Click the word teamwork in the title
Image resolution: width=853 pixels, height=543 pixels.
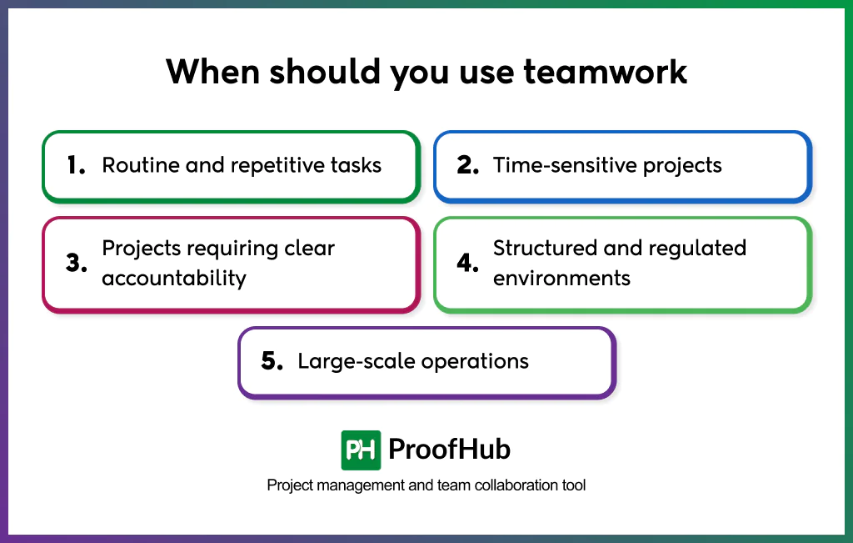click(605, 73)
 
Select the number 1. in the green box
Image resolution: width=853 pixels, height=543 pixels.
click(76, 165)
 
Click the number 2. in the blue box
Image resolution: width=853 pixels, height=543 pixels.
click(467, 165)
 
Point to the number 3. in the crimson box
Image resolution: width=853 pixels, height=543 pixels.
click(77, 263)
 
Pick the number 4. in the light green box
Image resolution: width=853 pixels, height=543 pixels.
click(467, 263)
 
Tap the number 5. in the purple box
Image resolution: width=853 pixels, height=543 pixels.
click(272, 361)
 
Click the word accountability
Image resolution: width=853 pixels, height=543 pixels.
click(174, 278)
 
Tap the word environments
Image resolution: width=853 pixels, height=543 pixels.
click(561, 278)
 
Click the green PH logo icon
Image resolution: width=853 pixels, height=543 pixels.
click(361, 450)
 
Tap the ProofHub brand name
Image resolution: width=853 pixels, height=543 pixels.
click(449, 450)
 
